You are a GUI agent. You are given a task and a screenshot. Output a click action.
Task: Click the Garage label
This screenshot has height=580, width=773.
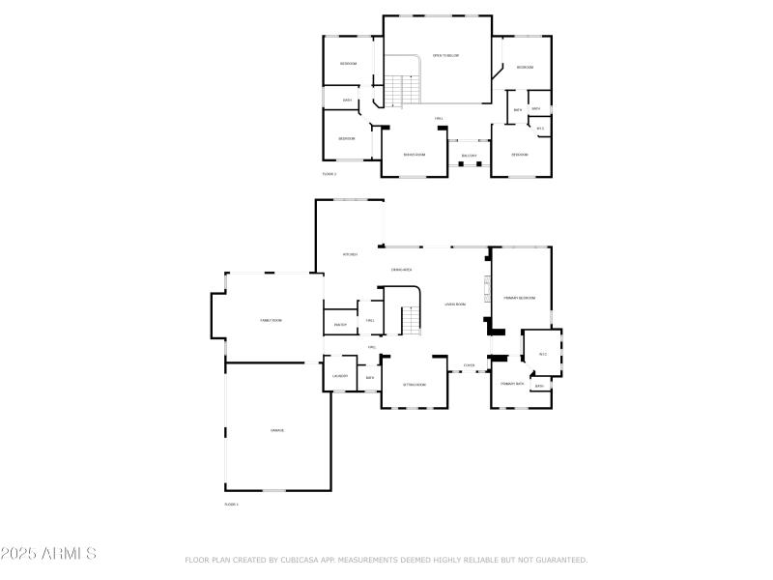(277, 429)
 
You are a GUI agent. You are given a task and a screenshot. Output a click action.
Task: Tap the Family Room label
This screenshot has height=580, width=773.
(271, 320)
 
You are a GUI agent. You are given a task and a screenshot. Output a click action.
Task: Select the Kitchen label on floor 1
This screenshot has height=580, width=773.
(350, 254)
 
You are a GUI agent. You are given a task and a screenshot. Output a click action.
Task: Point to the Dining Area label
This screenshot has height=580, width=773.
(402, 270)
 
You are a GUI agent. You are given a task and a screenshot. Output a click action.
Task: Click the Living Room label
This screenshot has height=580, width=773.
(455, 304)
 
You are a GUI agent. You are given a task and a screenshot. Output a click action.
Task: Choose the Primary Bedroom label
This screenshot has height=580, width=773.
(519, 298)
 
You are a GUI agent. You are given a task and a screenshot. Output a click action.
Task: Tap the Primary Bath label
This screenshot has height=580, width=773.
(512, 384)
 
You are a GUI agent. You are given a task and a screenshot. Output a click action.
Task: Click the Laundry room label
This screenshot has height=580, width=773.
(340, 376)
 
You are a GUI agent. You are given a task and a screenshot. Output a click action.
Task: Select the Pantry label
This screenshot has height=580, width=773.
(340, 325)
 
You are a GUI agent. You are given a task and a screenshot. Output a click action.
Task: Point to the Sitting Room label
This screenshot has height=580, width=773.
(414, 384)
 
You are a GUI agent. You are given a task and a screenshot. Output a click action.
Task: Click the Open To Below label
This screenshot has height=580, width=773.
(445, 55)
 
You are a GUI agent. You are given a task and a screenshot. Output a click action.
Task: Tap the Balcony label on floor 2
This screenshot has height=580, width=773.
(470, 156)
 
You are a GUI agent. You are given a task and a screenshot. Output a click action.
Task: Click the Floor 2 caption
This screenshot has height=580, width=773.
(329, 174)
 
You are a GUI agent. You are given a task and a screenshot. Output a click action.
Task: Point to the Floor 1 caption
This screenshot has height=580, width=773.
(231, 504)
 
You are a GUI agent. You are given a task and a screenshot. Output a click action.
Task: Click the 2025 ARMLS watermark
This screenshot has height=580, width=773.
(48, 554)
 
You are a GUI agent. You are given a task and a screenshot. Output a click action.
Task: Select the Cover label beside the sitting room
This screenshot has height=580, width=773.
(469, 365)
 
